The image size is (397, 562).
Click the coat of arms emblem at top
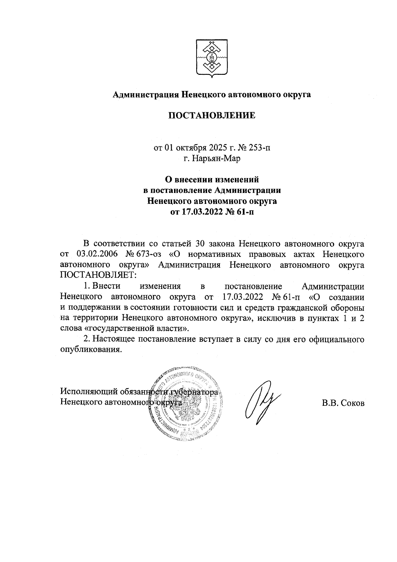(212, 58)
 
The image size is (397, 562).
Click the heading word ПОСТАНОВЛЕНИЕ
(212, 116)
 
